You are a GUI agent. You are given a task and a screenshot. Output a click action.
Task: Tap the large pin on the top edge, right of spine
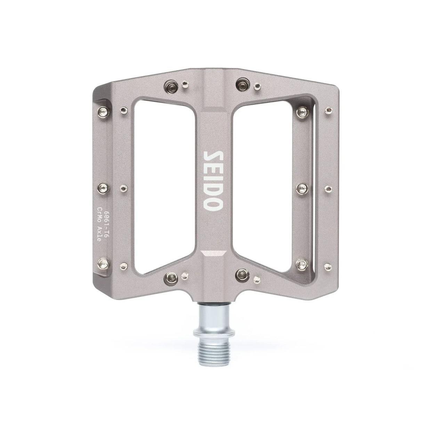pos(242,84)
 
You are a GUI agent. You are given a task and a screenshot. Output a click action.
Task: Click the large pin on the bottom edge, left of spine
pos(171,276)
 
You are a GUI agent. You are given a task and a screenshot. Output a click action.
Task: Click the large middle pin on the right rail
pos(301,188)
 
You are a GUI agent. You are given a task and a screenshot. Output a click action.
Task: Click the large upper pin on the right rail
pos(302,112)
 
